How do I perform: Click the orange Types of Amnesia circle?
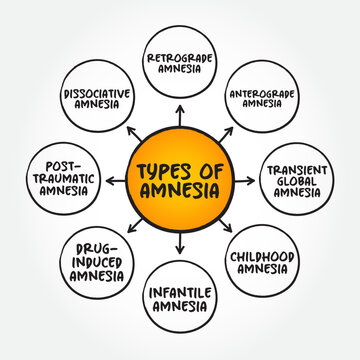coord(180,180)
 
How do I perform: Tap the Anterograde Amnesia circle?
coord(263,98)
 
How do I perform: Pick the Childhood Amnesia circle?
coord(263,263)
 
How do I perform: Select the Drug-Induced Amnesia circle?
coord(97,263)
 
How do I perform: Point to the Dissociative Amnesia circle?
coord(97,98)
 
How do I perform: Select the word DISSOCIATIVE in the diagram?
coord(97,92)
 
